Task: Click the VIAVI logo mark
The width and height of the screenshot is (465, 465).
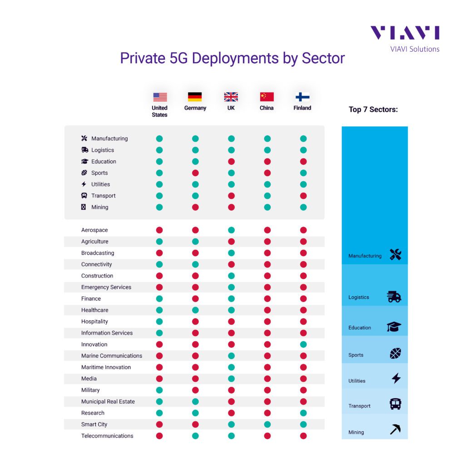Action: pyautogui.click(x=405, y=33)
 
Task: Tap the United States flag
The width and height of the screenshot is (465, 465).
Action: pyautogui.click(x=160, y=97)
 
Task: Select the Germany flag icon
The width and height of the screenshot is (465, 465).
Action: pyautogui.click(x=195, y=97)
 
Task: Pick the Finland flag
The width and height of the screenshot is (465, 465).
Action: pyautogui.click(x=302, y=97)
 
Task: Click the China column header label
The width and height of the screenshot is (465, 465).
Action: pyautogui.click(x=267, y=108)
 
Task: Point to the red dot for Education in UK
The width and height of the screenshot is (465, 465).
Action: pyautogui.click(x=231, y=162)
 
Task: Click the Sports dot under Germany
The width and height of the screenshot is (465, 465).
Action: pyautogui.click(x=195, y=173)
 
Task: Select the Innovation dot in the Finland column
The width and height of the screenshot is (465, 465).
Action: pyautogui.click(x=303, y=345)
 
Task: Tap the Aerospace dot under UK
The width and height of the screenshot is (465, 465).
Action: pyautogui.click(x=231, y=230)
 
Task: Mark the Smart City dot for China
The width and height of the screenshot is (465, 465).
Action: pyautogui.click(x=267, y=425)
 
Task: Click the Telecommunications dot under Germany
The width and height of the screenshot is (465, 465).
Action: pyautogui.click(x=195, y=436)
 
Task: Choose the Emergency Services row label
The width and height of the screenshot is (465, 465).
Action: pyautogui.click(x=106, y=287)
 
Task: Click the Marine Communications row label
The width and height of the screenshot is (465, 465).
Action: pyautogui.click(x=112, y=356)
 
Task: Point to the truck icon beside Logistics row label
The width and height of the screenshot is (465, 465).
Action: pyautogui.click(x=84, y=150)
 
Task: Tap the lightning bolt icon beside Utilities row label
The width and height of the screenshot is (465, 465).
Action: pyautogui.click(x=84, y=184)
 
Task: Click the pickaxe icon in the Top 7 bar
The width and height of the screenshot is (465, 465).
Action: pyautogui.click(x=396, y=429)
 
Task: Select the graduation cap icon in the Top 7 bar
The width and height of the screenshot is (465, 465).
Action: pyautogui.click(x=394, y=327)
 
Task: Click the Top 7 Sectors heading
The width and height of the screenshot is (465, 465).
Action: pyautogui.click(x=373, y=109)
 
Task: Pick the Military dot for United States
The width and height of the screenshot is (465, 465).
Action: pyautogui.click(x=159, y=390)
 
